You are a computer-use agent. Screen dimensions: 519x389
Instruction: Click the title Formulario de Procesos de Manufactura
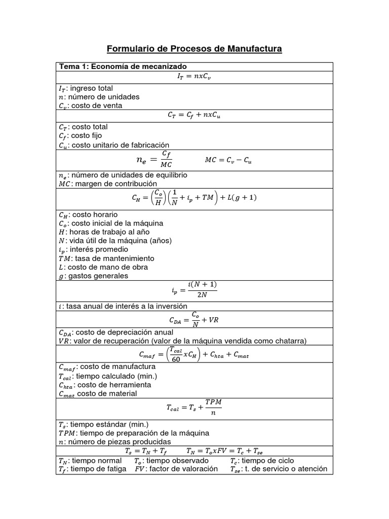[x=194, y=49]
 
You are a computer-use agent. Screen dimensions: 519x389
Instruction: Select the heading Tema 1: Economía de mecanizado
[x=123, y=67]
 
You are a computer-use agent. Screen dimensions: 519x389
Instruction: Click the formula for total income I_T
[x=194, y=77]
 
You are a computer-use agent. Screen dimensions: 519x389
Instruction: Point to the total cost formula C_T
[x=194, y=115]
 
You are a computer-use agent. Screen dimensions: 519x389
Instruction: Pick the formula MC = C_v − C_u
[x=228, y=160]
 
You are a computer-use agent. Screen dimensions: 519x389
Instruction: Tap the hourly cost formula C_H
[x=194, y=198]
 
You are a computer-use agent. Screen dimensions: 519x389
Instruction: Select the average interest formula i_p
[x=194, y=291]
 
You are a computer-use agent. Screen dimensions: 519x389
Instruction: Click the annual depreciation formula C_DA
[x=194, y=320]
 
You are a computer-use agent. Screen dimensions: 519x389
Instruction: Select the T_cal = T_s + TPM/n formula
[x=194, y=407]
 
